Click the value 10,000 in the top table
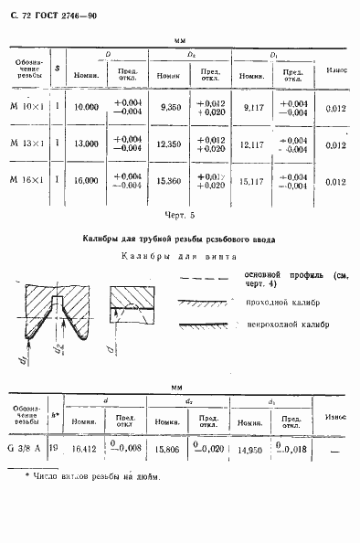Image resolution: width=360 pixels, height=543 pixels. click(x=86, y=107)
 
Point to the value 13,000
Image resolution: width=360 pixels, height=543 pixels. click(x=86, y=144)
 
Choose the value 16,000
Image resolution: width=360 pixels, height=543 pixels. click(x=86, y=181)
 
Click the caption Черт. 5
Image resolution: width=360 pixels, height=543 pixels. click(x=180, y=216)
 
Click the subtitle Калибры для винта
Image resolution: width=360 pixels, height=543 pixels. click(x=179, y=257)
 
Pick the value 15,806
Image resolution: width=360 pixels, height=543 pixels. click(x=165, y=450)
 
